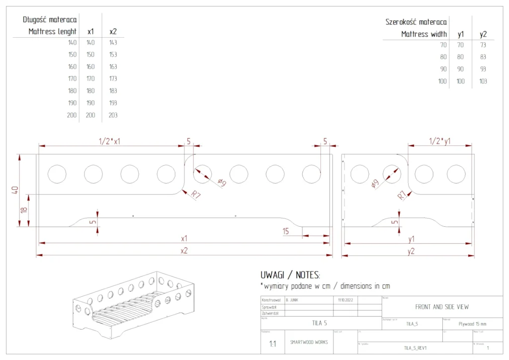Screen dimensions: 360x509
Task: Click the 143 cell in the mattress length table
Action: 113,43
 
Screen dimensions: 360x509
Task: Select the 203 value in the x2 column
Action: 113,115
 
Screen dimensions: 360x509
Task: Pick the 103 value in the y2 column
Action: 483,81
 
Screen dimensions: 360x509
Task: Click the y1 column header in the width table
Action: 461,34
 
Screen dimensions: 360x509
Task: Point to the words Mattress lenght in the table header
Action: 53,31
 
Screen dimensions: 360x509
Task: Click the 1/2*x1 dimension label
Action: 110,141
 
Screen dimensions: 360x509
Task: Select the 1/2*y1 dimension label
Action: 440,141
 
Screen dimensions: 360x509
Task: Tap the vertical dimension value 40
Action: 15,190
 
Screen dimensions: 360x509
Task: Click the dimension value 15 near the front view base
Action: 285,231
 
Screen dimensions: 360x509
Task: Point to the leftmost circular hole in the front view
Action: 57,174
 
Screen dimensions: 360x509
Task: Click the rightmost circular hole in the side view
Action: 456,174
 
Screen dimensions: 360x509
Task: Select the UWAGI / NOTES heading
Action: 290,275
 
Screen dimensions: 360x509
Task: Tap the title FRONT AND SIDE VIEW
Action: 442,307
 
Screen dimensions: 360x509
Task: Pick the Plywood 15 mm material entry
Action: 472,324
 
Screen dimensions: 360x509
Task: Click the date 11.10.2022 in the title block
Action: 345,300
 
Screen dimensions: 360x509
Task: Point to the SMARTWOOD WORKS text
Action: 309,343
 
